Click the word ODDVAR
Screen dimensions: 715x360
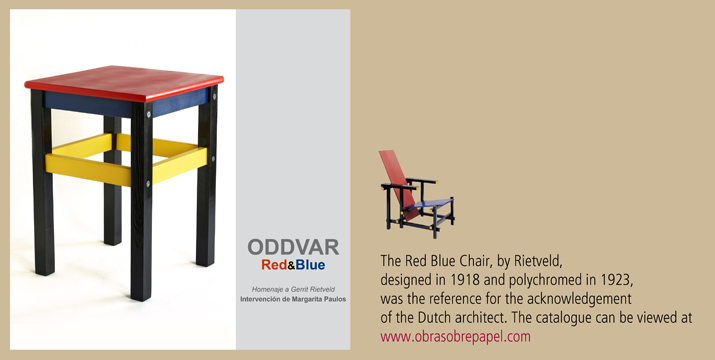click(293, 247)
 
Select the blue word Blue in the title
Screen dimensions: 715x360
click(310, 265)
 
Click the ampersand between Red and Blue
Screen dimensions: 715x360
click(291, 265)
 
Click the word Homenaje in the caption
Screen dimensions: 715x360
click(265, 290)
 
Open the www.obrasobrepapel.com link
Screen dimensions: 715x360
click(456, 337)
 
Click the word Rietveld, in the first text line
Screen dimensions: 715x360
click(539, 261)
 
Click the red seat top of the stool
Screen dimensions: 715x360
click(124, 81)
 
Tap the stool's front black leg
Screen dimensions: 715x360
click(141, 201)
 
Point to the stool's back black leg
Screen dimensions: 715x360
click(112, 181)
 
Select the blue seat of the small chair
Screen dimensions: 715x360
click(430, 203)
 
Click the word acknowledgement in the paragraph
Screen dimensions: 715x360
click(579, 299)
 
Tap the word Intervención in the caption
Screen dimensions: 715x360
click(259, 300)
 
